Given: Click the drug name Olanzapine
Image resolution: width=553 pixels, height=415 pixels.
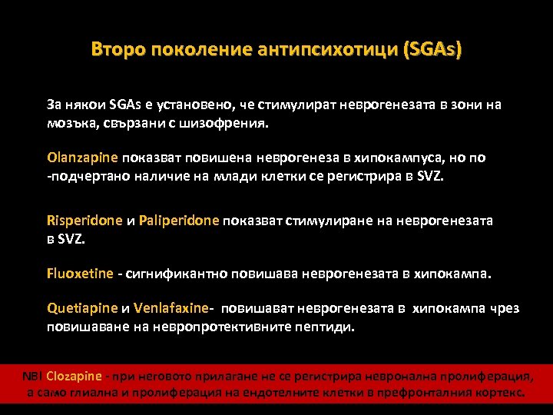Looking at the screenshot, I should tap(82, 158).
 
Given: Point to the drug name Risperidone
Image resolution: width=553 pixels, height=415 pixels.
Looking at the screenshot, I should tap(84, 221).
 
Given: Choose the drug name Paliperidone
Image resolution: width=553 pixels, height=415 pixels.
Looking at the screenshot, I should tap(180, 221).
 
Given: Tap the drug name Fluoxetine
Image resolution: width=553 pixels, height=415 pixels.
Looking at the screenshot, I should tap(80, 273).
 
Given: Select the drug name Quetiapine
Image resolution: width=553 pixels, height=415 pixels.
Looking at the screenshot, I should tap(82, 308).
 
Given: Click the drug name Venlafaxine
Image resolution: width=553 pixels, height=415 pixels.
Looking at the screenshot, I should tap(171, 308).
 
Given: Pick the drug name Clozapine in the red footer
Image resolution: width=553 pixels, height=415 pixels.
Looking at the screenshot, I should tap(74, 376).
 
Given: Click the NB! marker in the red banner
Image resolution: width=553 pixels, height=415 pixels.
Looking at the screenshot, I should tap(32, 376).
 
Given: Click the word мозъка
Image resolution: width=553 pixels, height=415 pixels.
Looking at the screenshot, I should tap(68, 123).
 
